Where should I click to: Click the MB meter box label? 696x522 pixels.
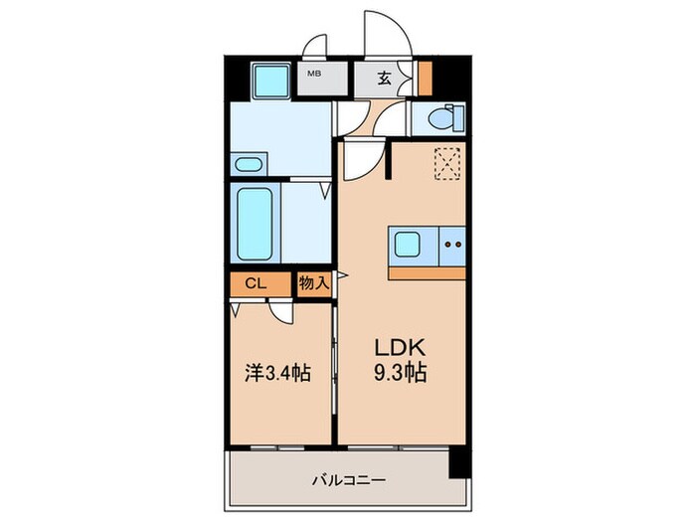313,74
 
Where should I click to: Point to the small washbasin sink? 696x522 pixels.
248,163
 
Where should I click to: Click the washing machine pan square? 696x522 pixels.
268,79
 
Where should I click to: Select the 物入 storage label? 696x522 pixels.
314,284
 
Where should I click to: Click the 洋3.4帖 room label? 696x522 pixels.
278,374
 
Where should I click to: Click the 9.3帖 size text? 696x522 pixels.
400,375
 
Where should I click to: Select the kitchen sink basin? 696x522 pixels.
412,244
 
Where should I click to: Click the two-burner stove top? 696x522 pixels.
452,244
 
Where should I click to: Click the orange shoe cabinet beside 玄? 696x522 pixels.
425,78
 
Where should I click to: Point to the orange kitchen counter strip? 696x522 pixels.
428,272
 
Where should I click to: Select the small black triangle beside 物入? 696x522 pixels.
339,275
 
